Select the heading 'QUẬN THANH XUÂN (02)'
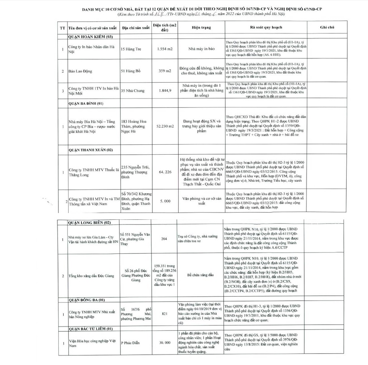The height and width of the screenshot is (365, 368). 90,149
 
